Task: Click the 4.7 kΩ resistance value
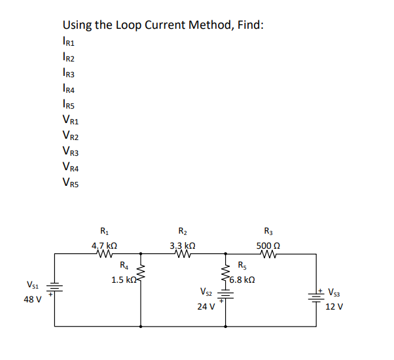[x=104, y=246]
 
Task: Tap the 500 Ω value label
[x=270, y=246]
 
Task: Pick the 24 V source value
[x=206, y=306]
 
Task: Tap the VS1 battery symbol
[x=54, y=289]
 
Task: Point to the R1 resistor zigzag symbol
[x=104, y=256]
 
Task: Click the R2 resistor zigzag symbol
[x=183, y=256]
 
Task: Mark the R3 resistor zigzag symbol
[x=270, y=256]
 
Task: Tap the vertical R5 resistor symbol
[x=226, y=274]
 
